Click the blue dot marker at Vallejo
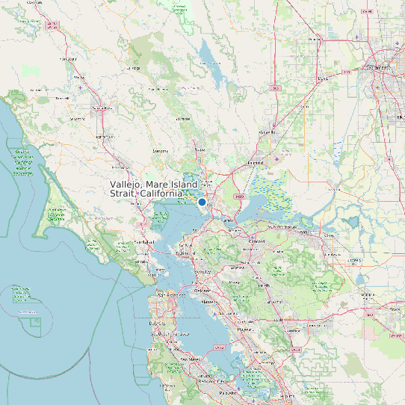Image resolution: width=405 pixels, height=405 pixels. pyautogui.click(x=202, y=202)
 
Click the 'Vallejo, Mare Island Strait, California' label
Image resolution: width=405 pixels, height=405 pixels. pyautogui.click(x=154, y=189)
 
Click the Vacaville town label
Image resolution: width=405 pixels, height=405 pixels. pyautogui.click(x=267, y=132)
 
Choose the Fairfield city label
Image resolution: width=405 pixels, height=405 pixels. pyautogui.click(x=256, y=162)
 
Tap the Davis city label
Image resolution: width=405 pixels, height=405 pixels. pyautogui.click(x=324, y=78)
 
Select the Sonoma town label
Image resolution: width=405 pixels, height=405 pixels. pyautogui.click(x=160, y=151)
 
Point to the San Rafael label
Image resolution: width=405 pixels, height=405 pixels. pyautogui.click(x=143, y=243)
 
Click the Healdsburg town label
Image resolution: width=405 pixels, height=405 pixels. pyautogui.click(x=69, y=58)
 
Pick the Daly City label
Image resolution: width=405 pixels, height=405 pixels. pyautogui.click(x=158, y=323)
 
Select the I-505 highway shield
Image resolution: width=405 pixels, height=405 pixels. pyautogui.click(x=275, y=88)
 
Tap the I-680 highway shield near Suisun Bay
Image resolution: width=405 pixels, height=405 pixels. pyautogui.click(x=239, y=197)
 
